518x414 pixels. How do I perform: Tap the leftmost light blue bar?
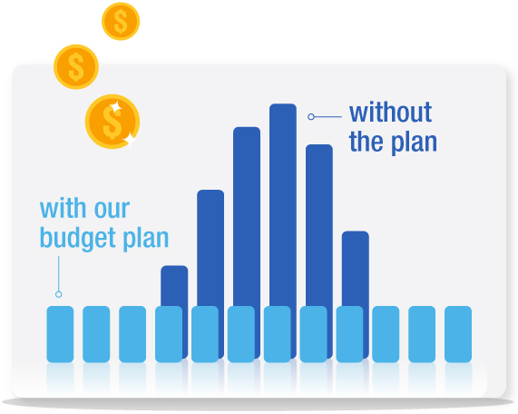tap(60, 334)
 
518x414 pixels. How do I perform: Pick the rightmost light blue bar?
tap(458, 334)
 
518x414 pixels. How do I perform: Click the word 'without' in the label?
tap(390, 113)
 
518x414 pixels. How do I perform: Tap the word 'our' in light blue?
tap(112, 209)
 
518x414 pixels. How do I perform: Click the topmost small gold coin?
tap(121, 21)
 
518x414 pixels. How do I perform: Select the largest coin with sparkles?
tap(112, 122)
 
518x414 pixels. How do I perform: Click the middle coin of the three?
tap(76, 67)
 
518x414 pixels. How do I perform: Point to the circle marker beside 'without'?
tap(311, 117)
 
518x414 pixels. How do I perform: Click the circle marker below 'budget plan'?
tap(58, 294)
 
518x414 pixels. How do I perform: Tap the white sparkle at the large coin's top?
tap(115, 107)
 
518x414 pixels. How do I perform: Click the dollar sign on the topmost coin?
tap(121, 21)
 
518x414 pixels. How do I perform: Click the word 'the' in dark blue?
tap(366, 142)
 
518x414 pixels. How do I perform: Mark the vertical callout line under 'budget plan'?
tap(58, 273)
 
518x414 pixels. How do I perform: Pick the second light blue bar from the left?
tap(96, 334)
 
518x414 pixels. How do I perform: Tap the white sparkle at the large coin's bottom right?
tap(132, 140)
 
